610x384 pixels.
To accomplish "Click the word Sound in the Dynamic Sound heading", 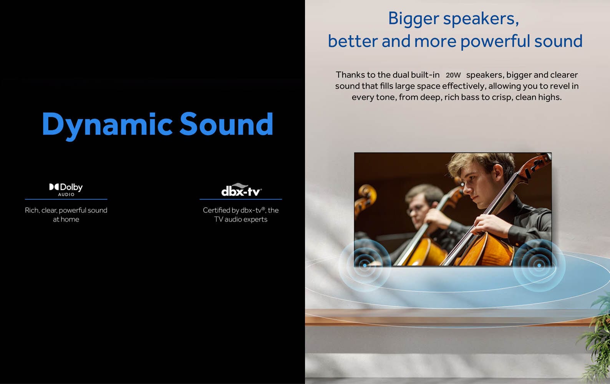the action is pyautogui.click(x=226, y=124).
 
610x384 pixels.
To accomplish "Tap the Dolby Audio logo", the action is pyautogui.click(x=66, y=189).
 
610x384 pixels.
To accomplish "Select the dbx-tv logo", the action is pyautogui.click(x=241, y=189).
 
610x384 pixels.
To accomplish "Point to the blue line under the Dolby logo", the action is pyautogui.click(x=66, y=199).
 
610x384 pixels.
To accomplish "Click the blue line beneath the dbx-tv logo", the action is pyautogui.click(x=241, y=199).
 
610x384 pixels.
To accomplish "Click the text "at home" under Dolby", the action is pyautogui.click(x=66, y=219).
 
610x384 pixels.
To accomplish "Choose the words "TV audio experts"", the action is pyautogui.click(x=241, y=219).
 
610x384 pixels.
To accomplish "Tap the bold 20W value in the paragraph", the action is pyautogui.click(x=453, y=75).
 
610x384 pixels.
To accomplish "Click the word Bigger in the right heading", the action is pyautogui.click(x=414, y=19).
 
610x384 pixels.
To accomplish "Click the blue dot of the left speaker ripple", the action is pyautogui.click(x=365, y=265).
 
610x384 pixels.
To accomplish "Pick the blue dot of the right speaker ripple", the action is pyautogui.click(x=539, y=265).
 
